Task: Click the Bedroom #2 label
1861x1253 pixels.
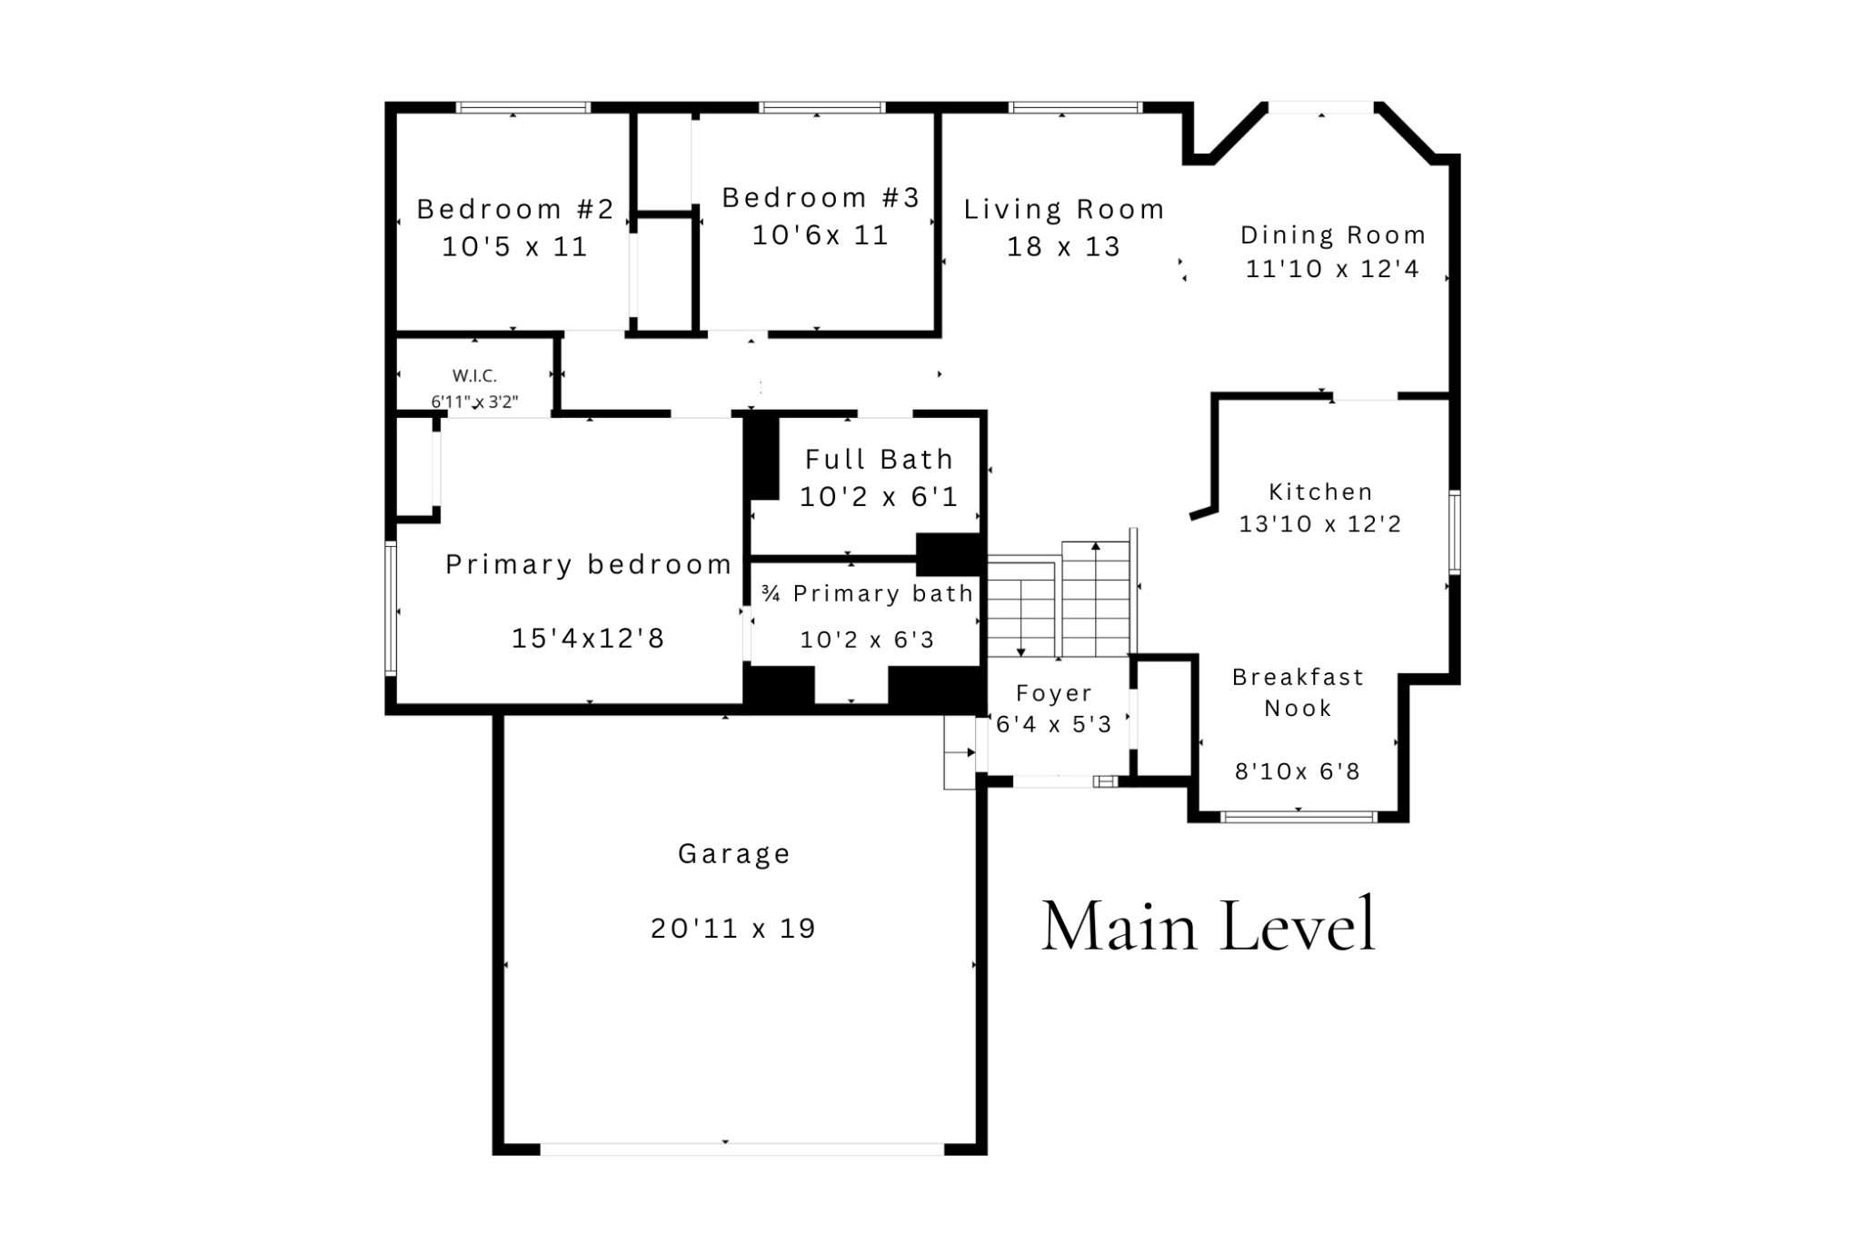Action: coord(515,210)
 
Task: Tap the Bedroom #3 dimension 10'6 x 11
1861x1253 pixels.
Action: coord(820,235)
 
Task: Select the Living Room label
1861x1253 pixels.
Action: coord(1064,210)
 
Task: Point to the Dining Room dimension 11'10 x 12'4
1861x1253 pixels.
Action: coord(1332,269)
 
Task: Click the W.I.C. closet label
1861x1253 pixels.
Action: coord(474,376)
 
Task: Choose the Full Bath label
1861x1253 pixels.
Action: coord(879,460)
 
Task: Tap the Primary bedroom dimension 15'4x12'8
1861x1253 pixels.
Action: coord(588,638)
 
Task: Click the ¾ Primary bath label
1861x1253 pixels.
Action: coord(867,594)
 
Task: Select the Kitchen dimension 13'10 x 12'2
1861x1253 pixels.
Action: coord(1320,524)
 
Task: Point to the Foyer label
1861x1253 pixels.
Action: coord(1054,693)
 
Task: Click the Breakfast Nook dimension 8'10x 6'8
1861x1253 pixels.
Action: coord(1298,771)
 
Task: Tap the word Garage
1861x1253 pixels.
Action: coord(734,854)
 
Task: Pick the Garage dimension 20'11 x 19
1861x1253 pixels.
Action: coord(733,928)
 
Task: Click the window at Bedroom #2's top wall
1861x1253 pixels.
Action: coord(522,107)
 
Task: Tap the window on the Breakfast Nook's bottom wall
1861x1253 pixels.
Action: coord(1299,817)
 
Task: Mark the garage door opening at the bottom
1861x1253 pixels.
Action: coord(742,1149)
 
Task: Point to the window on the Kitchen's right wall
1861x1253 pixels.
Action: coord(1454,532)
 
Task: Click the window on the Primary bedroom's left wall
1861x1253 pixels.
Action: coord(391,608)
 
